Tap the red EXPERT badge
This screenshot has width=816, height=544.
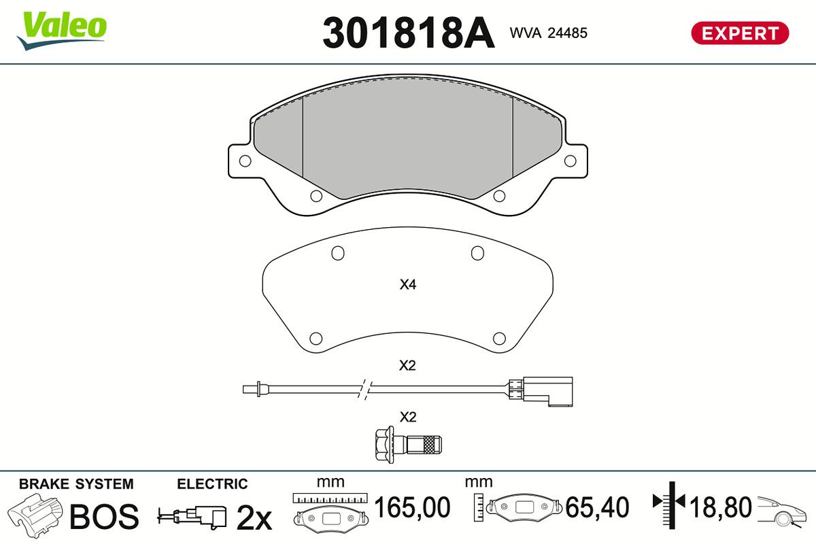740,33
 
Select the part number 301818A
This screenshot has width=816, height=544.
409,33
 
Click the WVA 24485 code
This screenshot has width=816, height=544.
548,33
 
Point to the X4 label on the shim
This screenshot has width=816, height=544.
407,284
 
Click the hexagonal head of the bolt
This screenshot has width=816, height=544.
384,445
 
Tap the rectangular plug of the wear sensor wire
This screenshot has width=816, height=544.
547,391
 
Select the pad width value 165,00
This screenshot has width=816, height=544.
412,507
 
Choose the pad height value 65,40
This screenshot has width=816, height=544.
597,507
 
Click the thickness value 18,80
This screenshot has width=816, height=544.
721,507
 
